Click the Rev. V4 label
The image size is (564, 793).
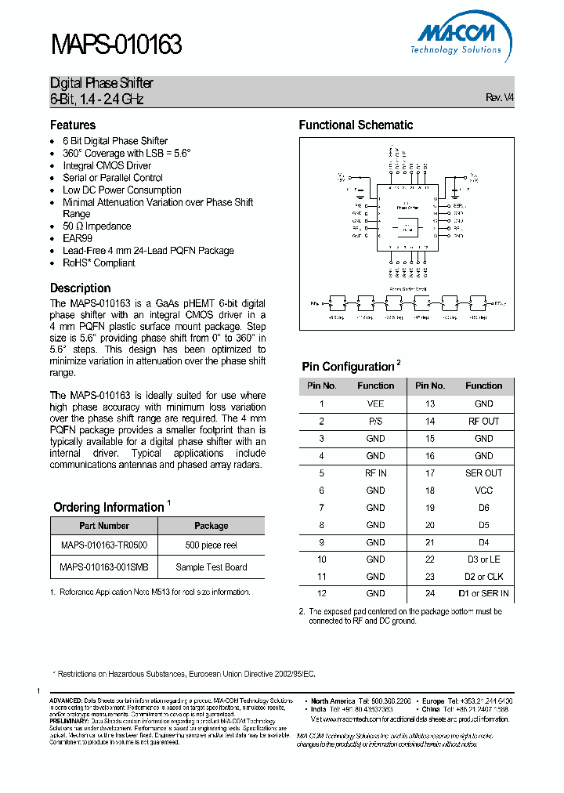(500, 98)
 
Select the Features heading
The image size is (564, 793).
(73, 125)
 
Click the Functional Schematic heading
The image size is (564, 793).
(356, 125)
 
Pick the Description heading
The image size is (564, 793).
(81, 288)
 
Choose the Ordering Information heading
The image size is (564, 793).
(108, 507)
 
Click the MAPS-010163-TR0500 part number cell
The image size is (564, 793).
(104, 545)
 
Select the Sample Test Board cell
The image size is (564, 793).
(211, 567)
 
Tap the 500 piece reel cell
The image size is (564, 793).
(211, 545)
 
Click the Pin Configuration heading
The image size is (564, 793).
(348, 367)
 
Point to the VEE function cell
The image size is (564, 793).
(375, 404)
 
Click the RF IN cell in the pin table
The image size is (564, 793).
(375, 473)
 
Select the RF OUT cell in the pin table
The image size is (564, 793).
(483, 421)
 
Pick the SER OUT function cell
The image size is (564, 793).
(483, 473)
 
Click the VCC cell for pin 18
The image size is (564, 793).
(483, 490)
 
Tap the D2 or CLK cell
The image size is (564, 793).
(483, 576)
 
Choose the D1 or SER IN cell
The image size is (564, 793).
(483, 593)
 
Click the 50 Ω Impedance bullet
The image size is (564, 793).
(97, 226)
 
